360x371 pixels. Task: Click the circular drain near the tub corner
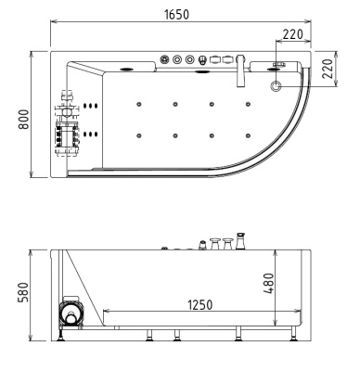point(276,85)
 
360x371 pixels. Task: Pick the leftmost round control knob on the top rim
point(165,61)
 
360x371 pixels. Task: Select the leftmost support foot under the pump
point(61,336)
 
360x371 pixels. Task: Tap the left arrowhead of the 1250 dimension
point(103,313)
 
